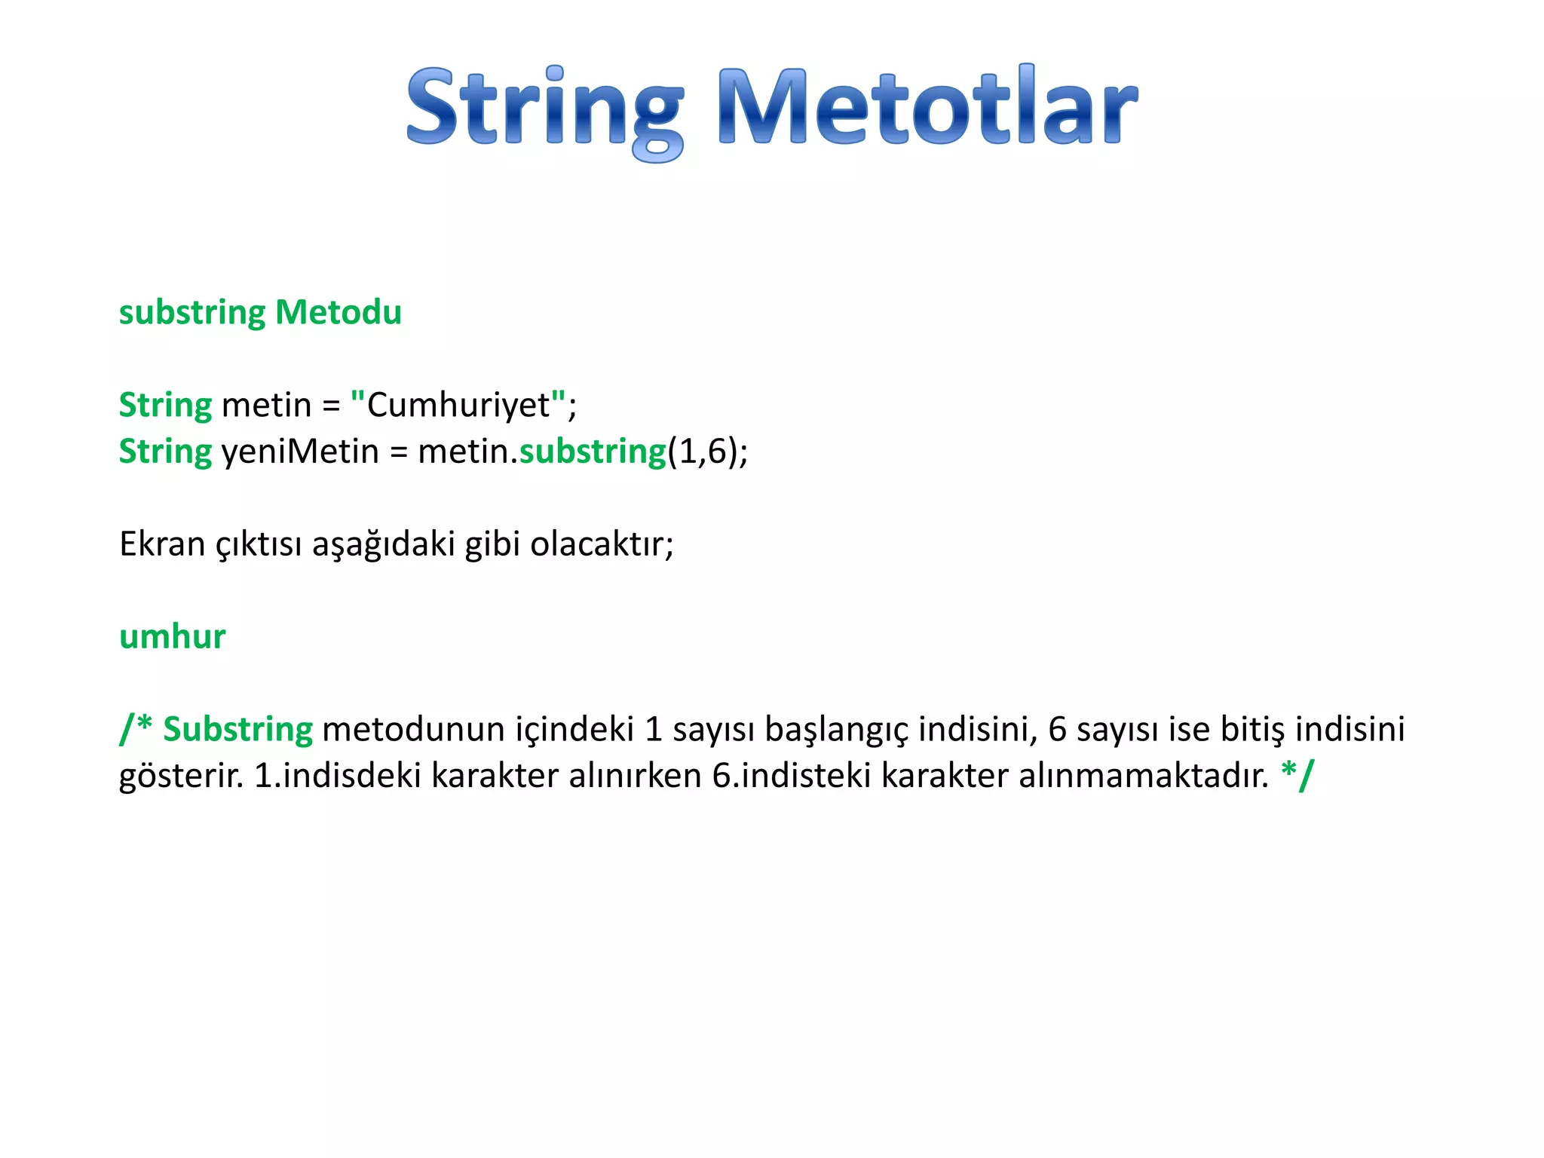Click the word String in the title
coord(544,108)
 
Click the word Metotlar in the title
coord(927,108)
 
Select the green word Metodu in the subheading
coord(339,312)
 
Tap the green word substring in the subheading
coord(192,312)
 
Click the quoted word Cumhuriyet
coord(458,405)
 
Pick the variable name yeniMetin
coord(299,452)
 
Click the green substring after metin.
coord(593,452)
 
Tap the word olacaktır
coord(601,544)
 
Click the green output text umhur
coord(172,636)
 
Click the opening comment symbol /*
coord(136,728)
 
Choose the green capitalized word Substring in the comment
coord(237,730)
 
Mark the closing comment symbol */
coord(1297,774)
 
